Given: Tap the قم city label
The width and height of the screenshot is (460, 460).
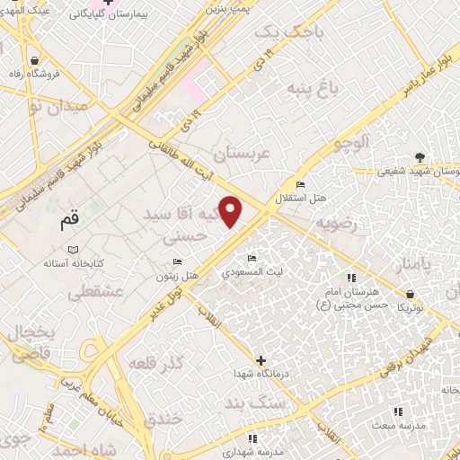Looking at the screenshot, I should (x=67, y=218).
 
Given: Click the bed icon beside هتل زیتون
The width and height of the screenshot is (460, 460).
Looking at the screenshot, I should (x=177, y=262).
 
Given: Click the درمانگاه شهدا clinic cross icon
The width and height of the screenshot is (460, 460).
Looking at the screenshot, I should (x=261, y=359).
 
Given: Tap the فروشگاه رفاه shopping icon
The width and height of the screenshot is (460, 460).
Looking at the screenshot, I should (x=34, y=61).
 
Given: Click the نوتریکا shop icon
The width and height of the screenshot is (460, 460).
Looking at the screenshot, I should (x=410, y=293).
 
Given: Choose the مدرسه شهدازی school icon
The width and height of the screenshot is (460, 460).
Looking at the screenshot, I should (x=253, y=438).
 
